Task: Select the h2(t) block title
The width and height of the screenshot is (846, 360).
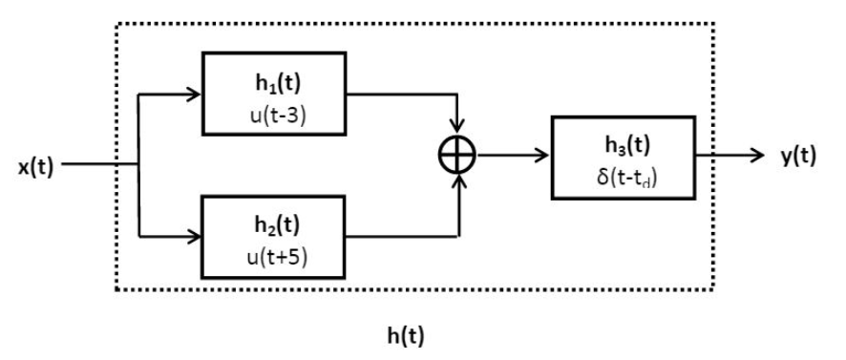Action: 270,225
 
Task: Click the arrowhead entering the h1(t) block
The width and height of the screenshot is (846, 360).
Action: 194,95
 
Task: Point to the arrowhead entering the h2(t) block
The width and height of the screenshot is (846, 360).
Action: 194,235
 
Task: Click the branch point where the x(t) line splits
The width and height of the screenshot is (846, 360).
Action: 140,165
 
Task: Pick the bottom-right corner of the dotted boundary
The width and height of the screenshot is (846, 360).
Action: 714,289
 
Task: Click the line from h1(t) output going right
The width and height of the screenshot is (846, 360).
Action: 401,95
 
